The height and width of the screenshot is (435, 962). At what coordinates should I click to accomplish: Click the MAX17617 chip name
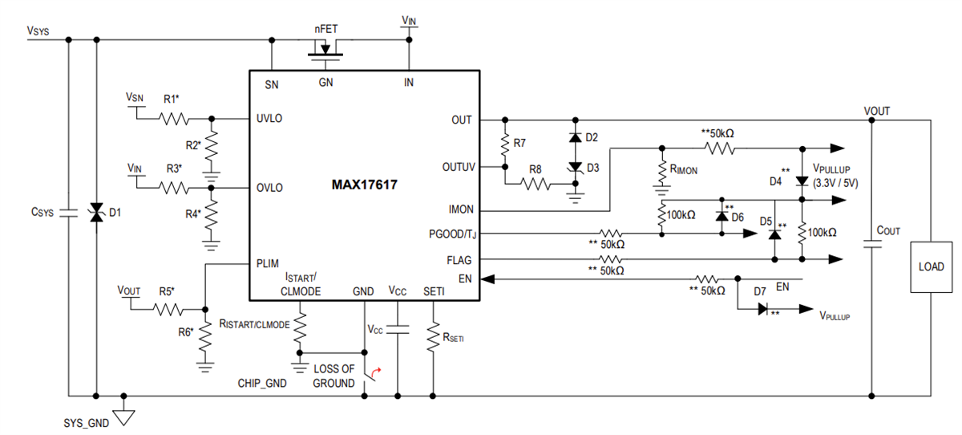pyautogui.click(x=364, y=185)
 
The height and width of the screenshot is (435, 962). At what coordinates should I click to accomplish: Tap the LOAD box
pyautogui.click(x=930, y=266)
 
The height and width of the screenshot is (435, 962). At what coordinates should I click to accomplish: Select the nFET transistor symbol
pyautogui.click(x=324, y=50)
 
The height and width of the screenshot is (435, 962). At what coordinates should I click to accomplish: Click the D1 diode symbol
pyautogui.click(x=96, y=213)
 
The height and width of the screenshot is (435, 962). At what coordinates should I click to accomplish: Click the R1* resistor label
pyautogui.click(x=172, y=100)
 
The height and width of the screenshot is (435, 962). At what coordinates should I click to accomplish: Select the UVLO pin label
pyautogui.click(x=269, y=118)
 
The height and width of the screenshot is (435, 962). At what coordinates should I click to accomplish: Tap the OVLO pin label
pyautogui.click(x=269, y=188)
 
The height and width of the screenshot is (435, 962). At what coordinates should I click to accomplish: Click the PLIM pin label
pyautogui.click(x=268, y=262)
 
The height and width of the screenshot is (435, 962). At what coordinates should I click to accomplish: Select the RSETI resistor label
pyautogui.click(x=452, y=338)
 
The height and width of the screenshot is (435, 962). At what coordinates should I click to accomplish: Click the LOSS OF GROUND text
pyautogui.click(x=333, y=376)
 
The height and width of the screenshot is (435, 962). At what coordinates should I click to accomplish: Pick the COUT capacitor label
pyautogui.click(x=888, y=230)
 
